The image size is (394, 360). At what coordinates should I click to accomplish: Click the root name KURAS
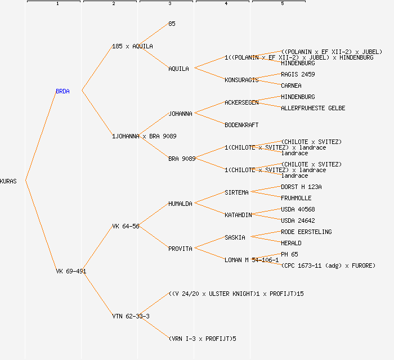[x=8, y=181]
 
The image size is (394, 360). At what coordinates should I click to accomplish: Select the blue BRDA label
[x=62, y=91]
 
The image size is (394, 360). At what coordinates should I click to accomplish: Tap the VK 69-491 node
[x=71, y=271]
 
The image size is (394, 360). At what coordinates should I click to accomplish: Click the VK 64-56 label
[x=126, y=226]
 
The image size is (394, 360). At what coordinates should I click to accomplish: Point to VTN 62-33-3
[x=131, y=316]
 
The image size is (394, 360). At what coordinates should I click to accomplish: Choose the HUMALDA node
[x=180, y=204]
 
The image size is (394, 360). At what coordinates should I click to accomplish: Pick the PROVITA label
[x=180, y=249]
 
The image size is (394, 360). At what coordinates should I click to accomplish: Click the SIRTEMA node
[x=236, y=192]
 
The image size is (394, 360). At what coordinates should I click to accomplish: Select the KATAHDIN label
[x=238, y=215]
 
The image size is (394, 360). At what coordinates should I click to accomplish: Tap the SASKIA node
[x=235, y=237]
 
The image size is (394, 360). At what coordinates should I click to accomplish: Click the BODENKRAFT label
[x=241, y=125]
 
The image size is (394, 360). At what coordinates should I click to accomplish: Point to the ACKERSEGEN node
[x=241, y=102]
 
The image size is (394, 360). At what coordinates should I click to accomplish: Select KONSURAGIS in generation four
[x=241, y=80]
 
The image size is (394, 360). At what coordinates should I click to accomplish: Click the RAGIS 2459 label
[x=298, y=74]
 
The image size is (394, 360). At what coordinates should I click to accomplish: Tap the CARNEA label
[x=291, y=85]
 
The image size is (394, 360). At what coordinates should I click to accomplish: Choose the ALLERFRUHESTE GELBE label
[x=313, y=108]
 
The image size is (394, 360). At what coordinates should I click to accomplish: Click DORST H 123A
[x=301, y=187]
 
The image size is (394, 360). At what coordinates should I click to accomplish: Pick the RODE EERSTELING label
[x=306, y=232]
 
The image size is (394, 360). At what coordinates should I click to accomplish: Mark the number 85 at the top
[x=172, y=24]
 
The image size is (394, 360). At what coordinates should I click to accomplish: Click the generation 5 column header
[x=282, y=4]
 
